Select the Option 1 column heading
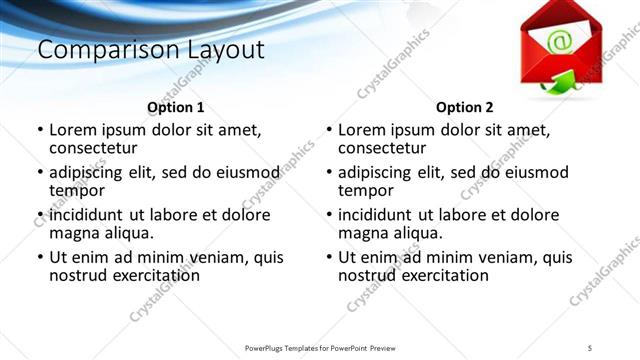[x=175, y=107]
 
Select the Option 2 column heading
[x=464, y=107]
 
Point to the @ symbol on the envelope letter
[x=559, y=41]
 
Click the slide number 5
[x=590, y=347]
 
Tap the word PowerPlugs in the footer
[x=270, y=347]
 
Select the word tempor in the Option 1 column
[x=77, y=190]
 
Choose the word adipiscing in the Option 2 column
[x=375, y=172]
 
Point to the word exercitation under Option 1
[x=152, y=275]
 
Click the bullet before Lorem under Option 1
[x=40, y=130]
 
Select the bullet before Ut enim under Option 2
[x=329, y=258]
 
